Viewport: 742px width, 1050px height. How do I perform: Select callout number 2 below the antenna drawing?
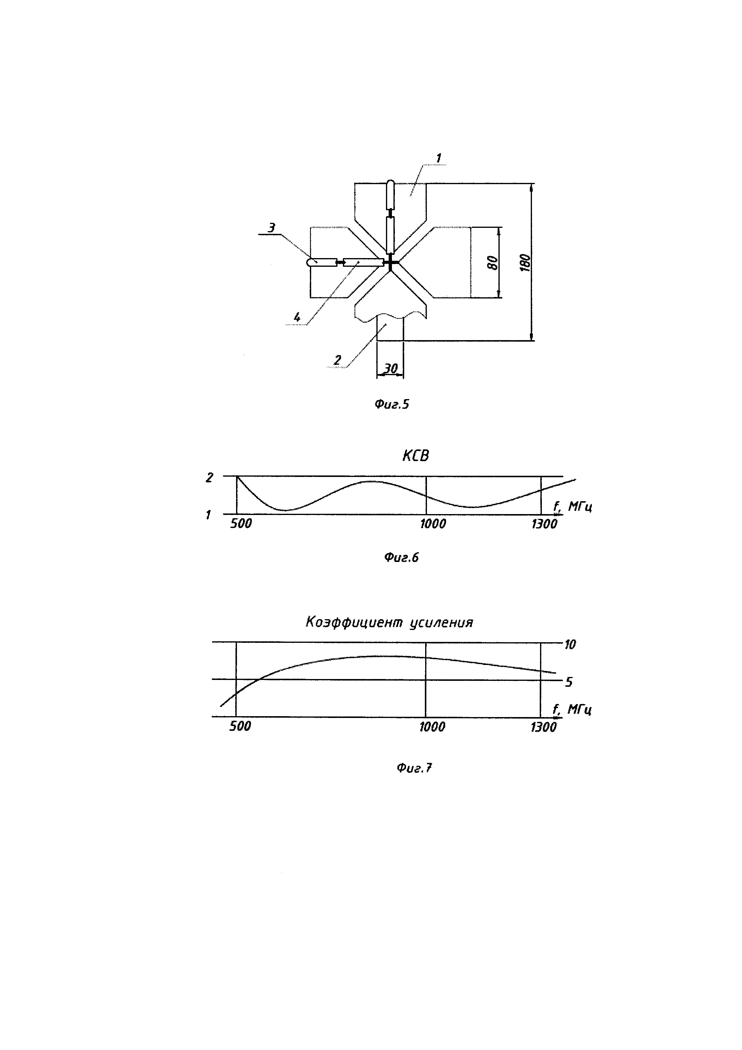[x=338, y=360]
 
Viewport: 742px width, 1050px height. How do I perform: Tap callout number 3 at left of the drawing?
[x=272, y=227]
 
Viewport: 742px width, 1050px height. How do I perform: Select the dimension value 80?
[x=492, y=263]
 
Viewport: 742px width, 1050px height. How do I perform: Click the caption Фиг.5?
[x=392, y=404]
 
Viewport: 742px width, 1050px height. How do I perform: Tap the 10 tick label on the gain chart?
[x=570, y=644]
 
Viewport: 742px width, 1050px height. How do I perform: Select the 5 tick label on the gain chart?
[x=569, y=682]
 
